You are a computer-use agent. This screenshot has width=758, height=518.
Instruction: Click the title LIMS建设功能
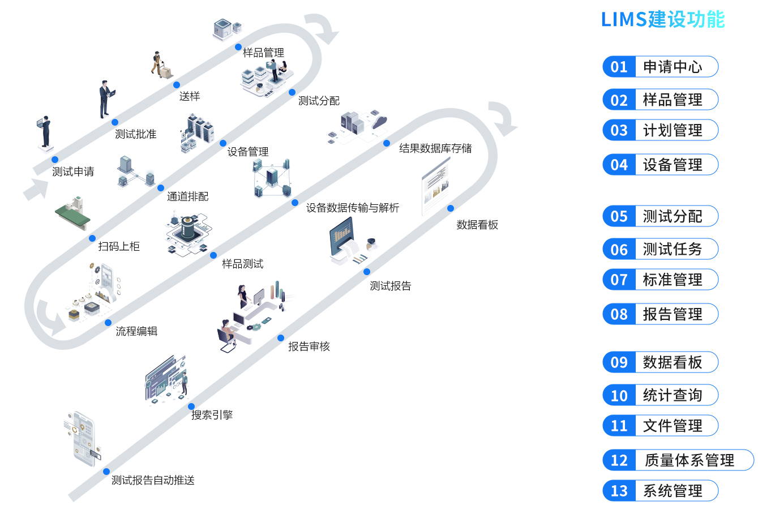[662, 20]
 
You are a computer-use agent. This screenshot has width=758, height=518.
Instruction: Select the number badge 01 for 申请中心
[619, 67]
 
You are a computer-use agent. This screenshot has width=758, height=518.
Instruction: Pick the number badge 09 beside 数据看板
[619, 362]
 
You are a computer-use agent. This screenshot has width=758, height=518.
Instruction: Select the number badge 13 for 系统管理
[619, 491]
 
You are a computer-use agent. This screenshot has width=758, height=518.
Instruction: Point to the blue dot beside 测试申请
[55, 160]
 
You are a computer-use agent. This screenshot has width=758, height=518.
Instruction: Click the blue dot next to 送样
[177, 85]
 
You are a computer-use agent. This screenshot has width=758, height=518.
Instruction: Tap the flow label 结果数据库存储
[435, 148]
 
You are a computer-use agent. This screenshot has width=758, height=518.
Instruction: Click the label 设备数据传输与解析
[353, 208]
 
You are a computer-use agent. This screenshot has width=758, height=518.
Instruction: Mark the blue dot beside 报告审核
[281, 338]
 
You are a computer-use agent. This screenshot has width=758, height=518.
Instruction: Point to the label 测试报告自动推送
[153, 480]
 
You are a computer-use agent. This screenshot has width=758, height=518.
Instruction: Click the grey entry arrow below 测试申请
[35, 189]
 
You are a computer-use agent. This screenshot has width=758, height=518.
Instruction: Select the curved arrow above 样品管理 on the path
[322, 28]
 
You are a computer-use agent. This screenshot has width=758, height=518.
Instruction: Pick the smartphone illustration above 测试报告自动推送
[83, 439]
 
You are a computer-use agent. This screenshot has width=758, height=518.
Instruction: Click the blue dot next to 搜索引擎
[191, 406]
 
